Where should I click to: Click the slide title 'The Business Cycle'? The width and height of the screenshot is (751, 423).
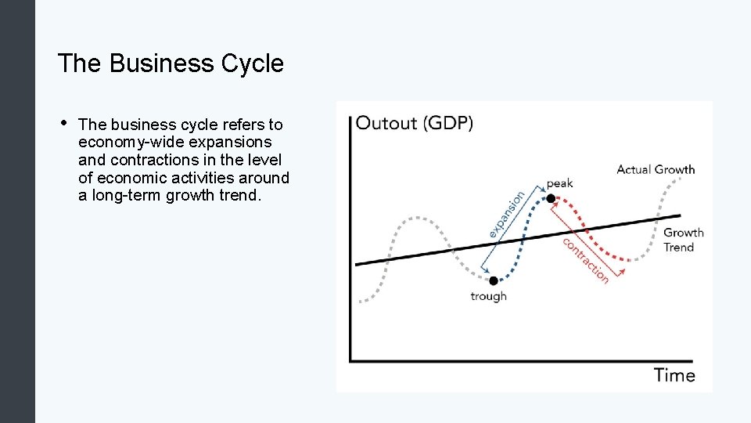171,63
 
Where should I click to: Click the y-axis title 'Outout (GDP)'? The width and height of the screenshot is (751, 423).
415,123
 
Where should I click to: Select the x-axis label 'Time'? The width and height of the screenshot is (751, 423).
674,374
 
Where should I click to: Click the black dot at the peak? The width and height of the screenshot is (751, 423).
551,199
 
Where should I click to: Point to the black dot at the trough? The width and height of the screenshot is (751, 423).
493,280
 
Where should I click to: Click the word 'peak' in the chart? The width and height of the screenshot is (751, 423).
559,183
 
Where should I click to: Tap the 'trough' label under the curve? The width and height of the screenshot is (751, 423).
488,296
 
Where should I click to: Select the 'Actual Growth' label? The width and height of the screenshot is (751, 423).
656,169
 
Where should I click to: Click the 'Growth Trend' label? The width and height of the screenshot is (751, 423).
683,240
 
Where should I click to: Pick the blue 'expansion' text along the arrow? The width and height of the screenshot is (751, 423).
507,214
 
